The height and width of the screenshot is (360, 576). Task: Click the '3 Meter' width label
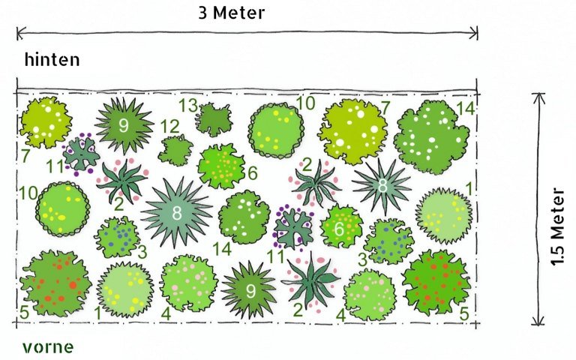tap(232, 13)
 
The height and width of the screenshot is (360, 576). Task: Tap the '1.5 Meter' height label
tap(557, 226)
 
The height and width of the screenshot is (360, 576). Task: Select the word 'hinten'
tap(52, 59)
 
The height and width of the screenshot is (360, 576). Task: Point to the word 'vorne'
tap(48, 347)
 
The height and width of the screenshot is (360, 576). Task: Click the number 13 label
tap(188, 106)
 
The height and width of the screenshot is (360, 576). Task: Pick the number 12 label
tap(170, 127)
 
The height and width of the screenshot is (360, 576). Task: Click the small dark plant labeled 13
tap(214, 119)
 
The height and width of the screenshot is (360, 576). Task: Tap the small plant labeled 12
tap(175, 150)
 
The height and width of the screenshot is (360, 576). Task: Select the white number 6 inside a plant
tap(340, 229)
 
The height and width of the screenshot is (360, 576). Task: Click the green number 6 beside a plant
tap(253, 173)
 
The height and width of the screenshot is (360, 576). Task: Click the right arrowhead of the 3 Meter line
tap(475, 33)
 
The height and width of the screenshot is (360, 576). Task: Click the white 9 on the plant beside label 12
tap(124, 125)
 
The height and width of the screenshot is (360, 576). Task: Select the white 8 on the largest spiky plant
tap(177, 213)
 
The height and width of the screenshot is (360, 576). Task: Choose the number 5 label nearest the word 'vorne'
tap(24, 313)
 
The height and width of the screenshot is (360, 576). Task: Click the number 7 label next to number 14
tap(385, 108)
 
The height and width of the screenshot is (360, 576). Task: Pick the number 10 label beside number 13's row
tap(306, 103)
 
